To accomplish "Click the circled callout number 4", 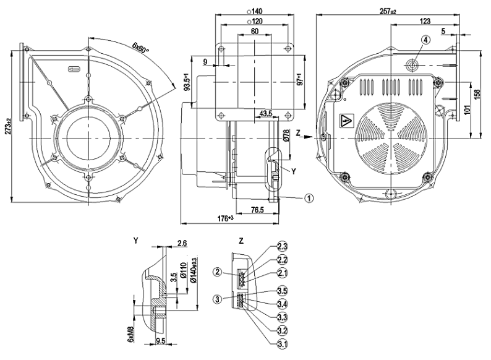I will (x=425, y=40).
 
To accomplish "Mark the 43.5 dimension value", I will (x=267, y=114).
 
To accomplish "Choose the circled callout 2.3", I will (x=273, y=247).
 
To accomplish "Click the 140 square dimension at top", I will (x=254, y=11).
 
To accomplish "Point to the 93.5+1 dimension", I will (x=187, y=82).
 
